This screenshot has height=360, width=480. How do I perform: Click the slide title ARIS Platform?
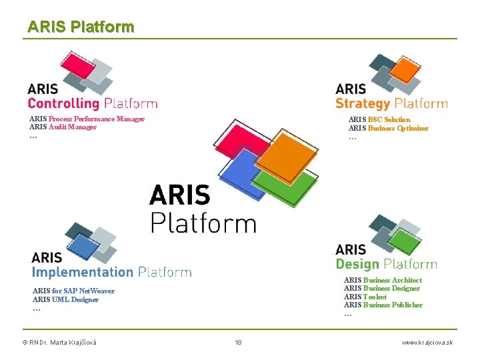(81, 27)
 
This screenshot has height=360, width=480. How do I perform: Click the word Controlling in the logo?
(63, 103)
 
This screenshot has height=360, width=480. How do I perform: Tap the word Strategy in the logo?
(362, 103)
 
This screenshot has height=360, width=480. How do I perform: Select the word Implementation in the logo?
(83, 272)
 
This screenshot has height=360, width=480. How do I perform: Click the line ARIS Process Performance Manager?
(87, 119)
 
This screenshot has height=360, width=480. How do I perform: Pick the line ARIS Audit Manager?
(63, 127)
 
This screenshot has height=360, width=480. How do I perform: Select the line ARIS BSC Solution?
(379, 119)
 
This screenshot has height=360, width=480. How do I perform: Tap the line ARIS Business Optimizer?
(388, 128)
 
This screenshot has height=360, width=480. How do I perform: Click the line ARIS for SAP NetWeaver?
(73, 291)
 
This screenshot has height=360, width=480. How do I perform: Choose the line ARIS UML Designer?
(65, 299)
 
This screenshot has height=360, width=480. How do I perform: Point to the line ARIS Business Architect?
(383, 280)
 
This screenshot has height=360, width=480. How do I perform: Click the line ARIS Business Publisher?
(383, 305)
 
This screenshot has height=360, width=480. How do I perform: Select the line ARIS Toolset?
(365, 297)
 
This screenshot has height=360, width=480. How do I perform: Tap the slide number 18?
(238, 342)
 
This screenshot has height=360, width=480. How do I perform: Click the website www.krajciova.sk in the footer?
(427, 342)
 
